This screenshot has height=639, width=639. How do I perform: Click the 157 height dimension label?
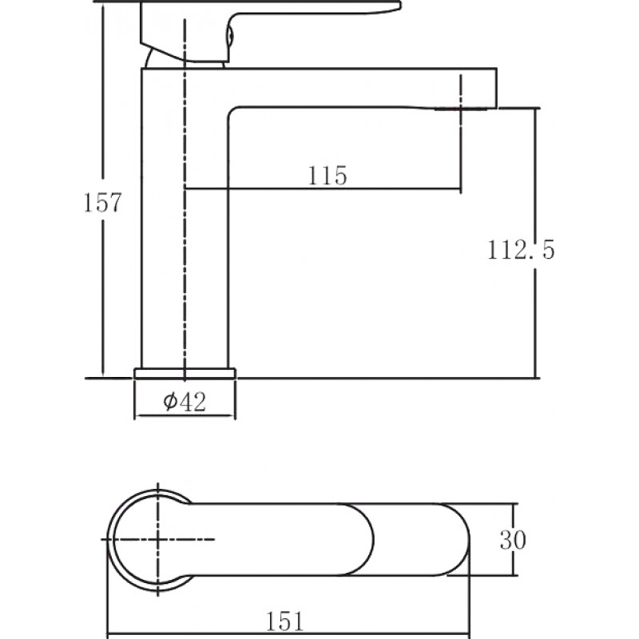[x=102, y=202]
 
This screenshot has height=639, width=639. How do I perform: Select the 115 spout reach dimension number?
[x=327, y=176]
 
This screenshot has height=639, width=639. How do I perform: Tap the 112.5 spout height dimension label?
[x=521, y=249]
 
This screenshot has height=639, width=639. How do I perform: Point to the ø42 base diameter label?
[x=185, y=401]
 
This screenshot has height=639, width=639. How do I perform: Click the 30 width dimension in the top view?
[x=513, y=540]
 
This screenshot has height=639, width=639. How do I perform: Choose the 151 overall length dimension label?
[x=285, y=621]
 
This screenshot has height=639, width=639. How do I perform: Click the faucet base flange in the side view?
[x=185, y=373]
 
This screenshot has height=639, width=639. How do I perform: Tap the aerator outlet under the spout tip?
[x=461, y=109]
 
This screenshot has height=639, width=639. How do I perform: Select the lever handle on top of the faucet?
[x=244, y=29]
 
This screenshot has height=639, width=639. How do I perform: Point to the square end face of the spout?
[x=496, y=88]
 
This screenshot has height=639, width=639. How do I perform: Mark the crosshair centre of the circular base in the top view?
[x=158, y=539]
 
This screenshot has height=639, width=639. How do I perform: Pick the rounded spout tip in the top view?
[x=457, y=540]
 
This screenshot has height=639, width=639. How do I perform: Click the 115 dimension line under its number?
[x=323, y=189]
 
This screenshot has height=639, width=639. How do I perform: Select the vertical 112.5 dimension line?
[x=536, y=244]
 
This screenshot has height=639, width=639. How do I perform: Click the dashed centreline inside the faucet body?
[x=185, y=200]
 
